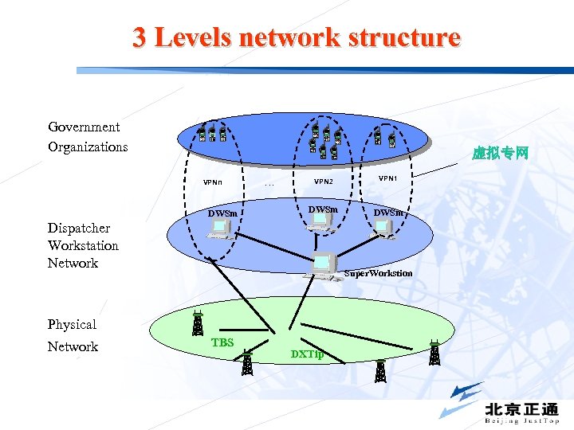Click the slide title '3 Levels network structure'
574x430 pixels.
[x=297, y=37]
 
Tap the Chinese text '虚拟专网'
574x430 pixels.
[x=500, y=153]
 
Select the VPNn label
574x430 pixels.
[x=213, y=182]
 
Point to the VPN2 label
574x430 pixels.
[x=324, y=182]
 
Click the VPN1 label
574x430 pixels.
[x=388, y=178]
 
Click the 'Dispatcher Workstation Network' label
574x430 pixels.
[x=83, y=245]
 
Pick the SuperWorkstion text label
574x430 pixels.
[x=378, y=274]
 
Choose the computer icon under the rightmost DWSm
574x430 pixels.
[x=386, y=228]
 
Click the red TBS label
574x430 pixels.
[x=222, y=342]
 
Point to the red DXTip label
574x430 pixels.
[x=307, y=354]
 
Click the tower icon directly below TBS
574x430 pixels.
[x=247, y=363]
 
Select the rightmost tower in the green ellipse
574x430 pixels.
[x=434, y=352]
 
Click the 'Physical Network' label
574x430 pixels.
[x=73, y=335]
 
